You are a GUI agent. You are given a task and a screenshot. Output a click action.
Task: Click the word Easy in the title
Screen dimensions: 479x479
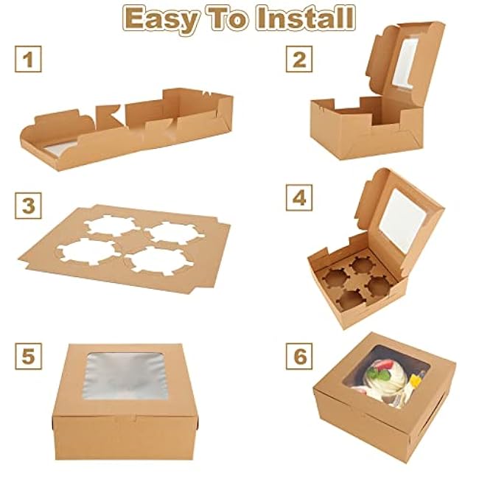click(x=161, y=20)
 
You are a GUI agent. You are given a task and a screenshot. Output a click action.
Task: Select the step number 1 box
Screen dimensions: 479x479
click(x=28, y=59)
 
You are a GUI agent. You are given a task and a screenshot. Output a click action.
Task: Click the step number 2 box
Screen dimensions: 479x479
click(x=299, y=59)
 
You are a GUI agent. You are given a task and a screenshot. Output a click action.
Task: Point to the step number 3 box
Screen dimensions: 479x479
click(x=28, y=206)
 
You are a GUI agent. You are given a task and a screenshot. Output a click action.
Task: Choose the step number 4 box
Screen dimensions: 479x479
click(x=299, y=197)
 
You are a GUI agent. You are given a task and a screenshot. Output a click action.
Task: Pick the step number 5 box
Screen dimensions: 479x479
click(x=28, y=356)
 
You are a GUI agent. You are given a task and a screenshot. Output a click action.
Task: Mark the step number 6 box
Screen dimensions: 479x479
click(x=299, y=356)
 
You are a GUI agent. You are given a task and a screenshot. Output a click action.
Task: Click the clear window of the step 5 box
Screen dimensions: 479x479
click(x=125, y=376)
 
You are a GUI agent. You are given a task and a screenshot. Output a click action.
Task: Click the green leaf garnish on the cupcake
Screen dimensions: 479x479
click(x=379, y=374)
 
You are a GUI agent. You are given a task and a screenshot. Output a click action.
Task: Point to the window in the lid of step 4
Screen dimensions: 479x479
click(x=402, y=220)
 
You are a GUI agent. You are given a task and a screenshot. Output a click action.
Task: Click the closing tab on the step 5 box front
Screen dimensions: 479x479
click(x=125, y=417)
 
